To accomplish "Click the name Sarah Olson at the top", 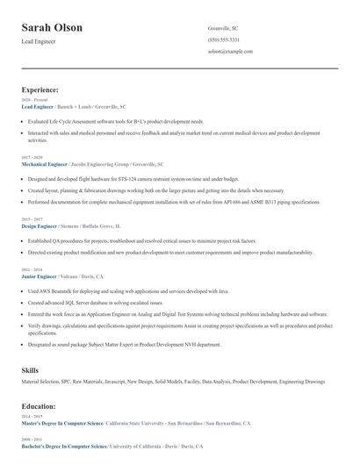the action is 52,27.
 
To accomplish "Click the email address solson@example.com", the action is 230,52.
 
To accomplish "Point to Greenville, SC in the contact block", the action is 223,28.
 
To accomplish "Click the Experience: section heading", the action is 40,89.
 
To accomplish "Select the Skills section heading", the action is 30,371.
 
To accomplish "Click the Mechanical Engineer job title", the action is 44,164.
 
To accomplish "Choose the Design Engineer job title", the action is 40,225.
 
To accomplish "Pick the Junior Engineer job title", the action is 40,276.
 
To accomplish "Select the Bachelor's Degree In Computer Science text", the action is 63,447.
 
